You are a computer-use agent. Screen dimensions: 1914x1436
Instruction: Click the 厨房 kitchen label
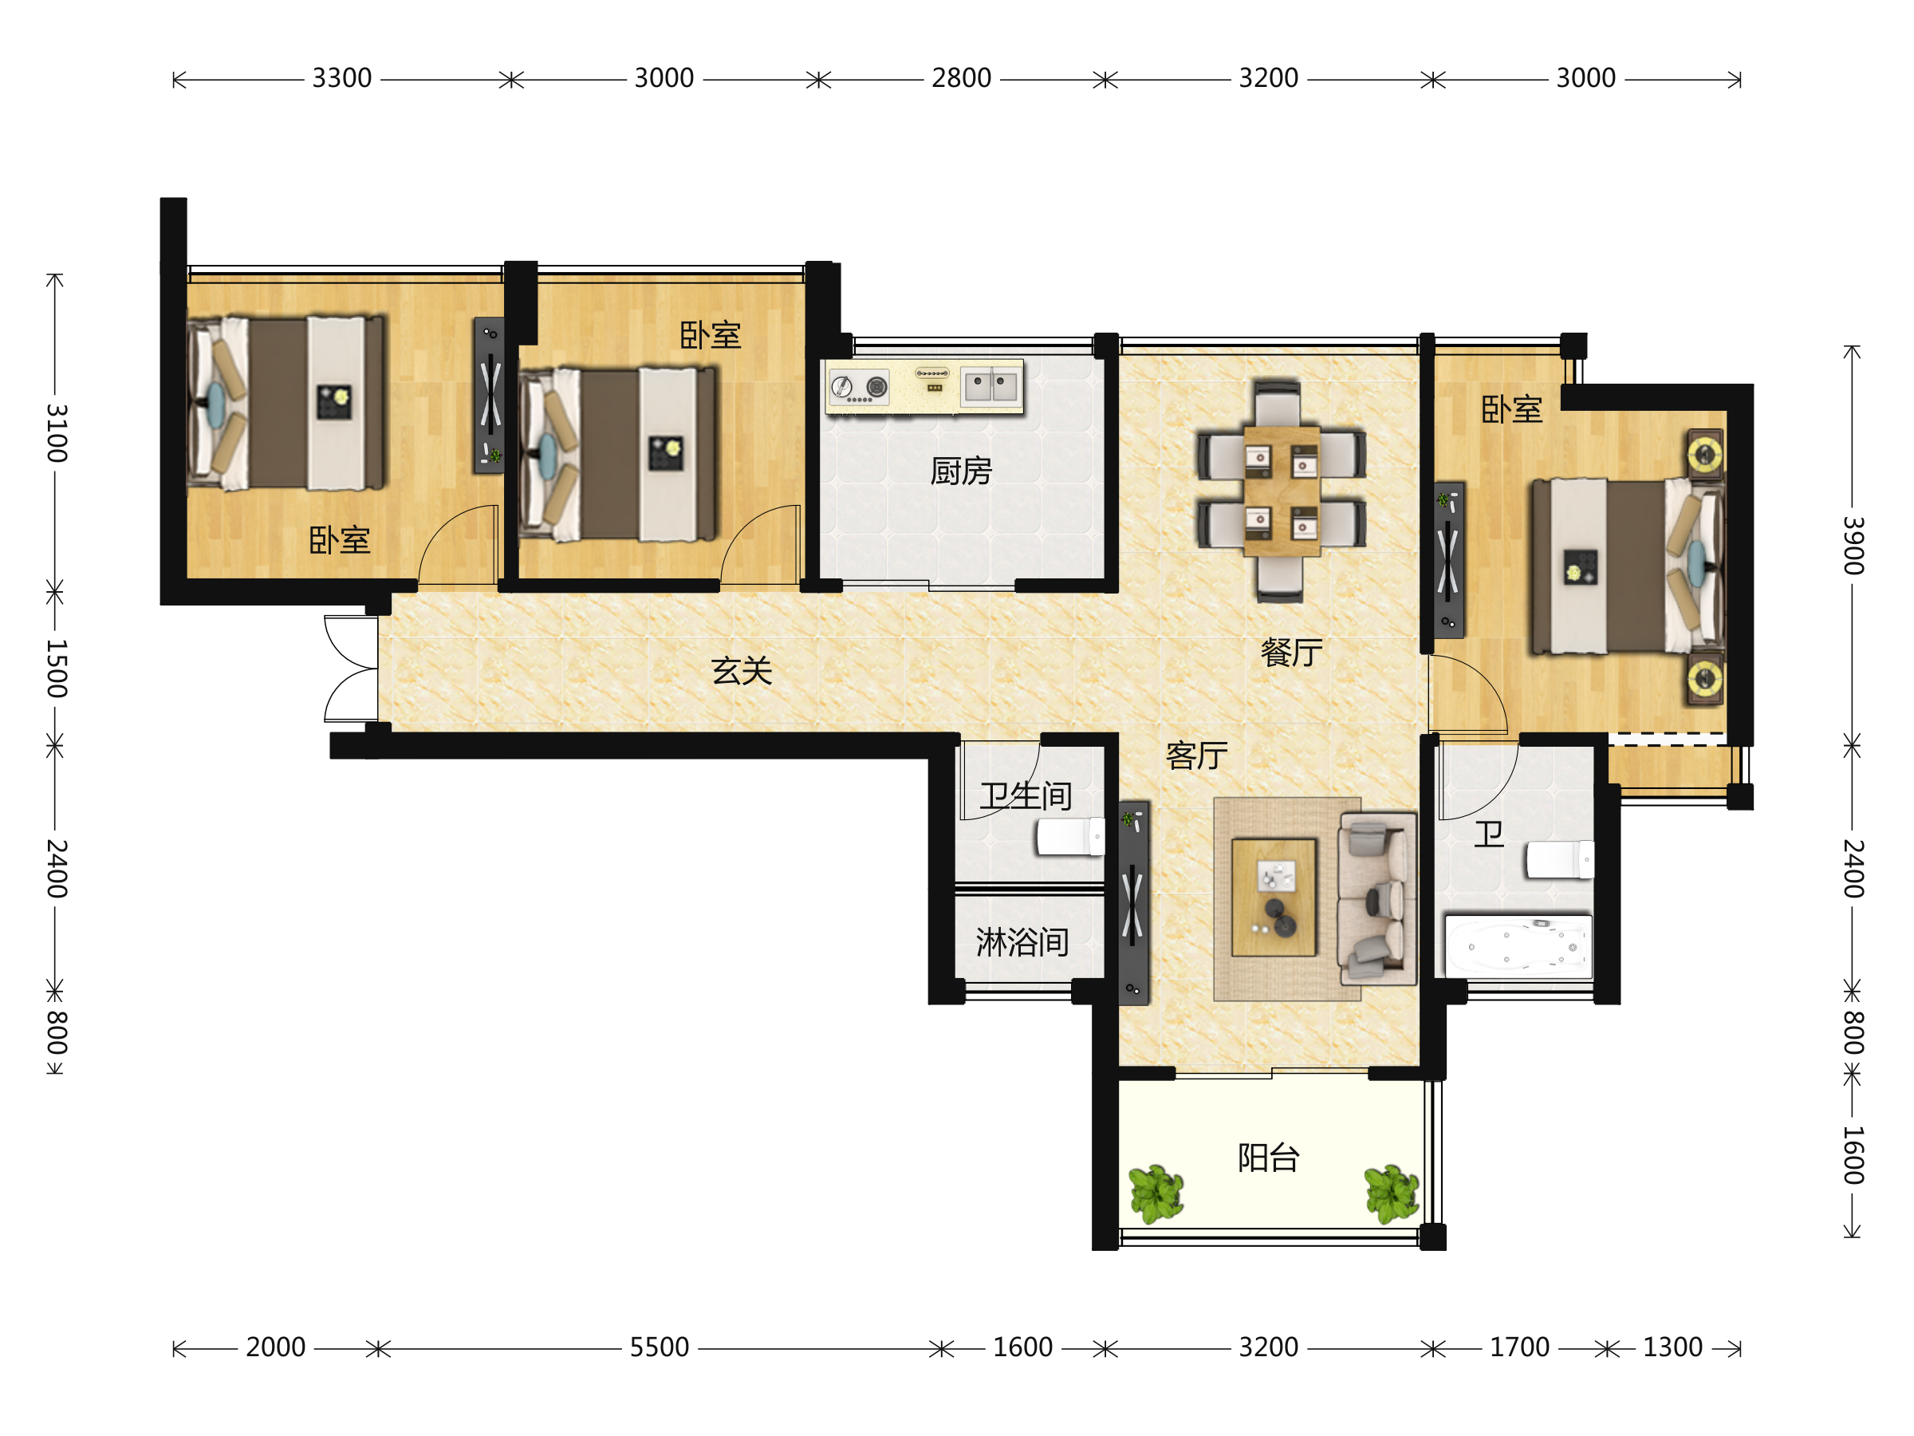(960, 471)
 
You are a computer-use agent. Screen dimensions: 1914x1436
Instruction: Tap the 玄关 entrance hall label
(742, 671)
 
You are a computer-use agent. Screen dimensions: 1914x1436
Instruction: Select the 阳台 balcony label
(1269, 1158)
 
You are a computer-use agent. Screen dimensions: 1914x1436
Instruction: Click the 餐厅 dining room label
(1291, 653)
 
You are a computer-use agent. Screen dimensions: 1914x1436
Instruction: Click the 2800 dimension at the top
(961, 79)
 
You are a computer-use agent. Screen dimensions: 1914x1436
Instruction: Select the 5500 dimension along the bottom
(660, 1347)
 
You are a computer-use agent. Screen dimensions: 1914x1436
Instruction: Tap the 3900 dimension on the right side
(1852, 546)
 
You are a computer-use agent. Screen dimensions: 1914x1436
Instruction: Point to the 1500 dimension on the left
(55, 669)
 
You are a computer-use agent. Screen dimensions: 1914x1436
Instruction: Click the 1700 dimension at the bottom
(1519, 1347)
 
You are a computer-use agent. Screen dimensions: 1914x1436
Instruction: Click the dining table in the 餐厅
(1282, 490)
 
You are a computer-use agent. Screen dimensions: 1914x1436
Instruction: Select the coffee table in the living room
(1274, 897)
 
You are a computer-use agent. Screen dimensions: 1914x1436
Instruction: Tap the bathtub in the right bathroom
(1518, 947)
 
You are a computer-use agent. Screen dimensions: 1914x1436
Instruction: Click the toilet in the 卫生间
(1070, 837)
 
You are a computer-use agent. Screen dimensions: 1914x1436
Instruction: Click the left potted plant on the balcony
(1156, 1194)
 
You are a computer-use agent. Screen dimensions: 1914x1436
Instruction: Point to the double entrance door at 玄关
(352, 669)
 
